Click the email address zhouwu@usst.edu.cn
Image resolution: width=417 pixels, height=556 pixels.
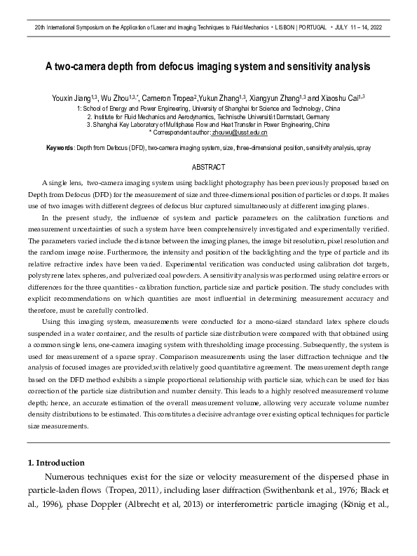240,132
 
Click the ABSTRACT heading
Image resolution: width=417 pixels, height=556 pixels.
208,167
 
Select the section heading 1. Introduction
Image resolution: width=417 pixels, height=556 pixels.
55,463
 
